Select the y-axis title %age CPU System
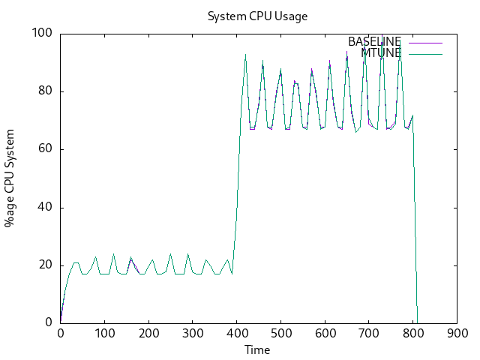(x=10, y=178)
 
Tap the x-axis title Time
(x=257, y=349)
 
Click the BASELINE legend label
(x=374, y=42)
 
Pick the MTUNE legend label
(x=381, y=53)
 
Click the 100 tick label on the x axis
(x=105, y=334)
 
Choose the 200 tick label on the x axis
(x=148, y=334)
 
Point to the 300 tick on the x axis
(x=193, y=334)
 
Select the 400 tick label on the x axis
(x=237, y=334)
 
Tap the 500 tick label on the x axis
(x=280, y=334)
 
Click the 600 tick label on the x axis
(x=325, y=334)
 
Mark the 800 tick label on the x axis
(x=412, y=334)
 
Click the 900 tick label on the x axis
(x=456, y=334)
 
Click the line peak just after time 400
(x=245, y=55)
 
